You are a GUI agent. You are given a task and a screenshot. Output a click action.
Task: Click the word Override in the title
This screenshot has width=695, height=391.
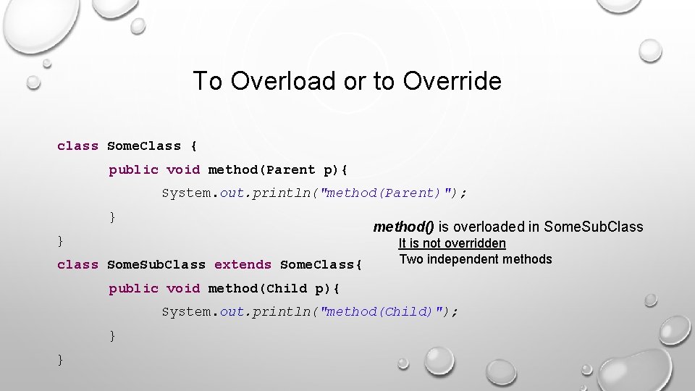[452, 81]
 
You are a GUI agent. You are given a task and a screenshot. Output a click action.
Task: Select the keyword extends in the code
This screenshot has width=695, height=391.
[243, 265]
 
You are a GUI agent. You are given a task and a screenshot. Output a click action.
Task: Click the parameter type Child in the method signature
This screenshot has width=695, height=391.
[287, 289]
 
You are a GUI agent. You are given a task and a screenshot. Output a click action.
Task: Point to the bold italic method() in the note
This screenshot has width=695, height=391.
[404, 227]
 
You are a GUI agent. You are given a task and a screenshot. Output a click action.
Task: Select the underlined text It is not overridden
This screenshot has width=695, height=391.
[452, 244]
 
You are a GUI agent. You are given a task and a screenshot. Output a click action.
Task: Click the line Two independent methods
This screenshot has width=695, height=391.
[475, 259]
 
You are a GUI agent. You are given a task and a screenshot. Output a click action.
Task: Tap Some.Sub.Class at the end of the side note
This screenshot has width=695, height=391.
[593, 227]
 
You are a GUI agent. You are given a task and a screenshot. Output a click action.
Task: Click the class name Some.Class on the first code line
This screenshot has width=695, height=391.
[144, 146]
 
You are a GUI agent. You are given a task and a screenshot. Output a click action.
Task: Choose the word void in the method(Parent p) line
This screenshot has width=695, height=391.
[183, 170]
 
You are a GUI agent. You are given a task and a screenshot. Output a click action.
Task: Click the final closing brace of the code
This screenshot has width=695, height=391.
[60, 360]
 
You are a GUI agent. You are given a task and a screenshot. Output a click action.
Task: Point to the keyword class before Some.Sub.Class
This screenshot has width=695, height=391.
[77, 265]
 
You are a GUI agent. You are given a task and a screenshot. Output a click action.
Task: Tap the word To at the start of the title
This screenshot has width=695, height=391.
[208, 81]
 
